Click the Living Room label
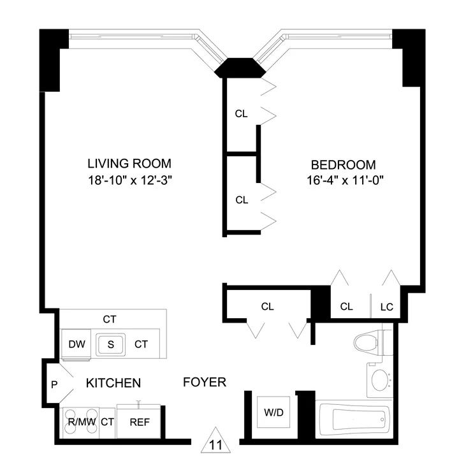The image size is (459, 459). (129, 163)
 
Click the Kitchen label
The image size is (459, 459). (113, 383)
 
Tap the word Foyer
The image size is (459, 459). (204, 382)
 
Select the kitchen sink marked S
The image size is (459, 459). (110, 345)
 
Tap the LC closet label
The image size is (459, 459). (387, 307)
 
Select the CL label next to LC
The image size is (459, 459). (346, 307)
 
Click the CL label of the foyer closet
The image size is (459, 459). (267, 307)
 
